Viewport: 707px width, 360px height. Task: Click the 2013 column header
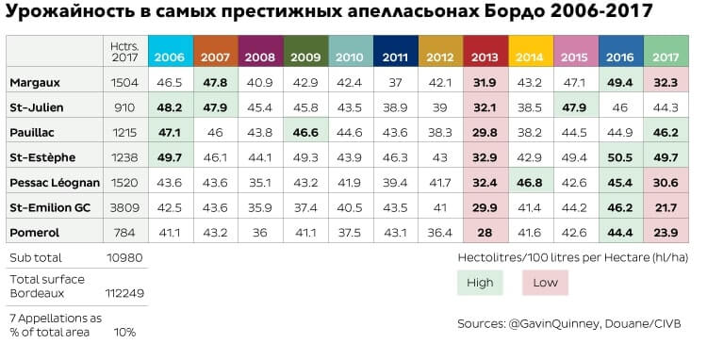point(485,51)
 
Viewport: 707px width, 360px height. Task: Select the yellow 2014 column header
point(530,51)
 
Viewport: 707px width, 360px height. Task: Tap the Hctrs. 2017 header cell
point(124,52)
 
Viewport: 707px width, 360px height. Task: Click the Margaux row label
point(35,83)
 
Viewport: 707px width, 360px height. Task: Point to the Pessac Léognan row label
point(55,183)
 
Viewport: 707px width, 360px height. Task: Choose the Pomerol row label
point(34,233)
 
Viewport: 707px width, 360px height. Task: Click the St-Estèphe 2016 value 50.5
point(620,157)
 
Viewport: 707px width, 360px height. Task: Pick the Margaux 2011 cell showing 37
point(395,83)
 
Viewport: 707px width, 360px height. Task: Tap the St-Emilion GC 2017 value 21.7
point(666,207)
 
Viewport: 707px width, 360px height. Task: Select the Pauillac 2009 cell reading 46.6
point(305,133)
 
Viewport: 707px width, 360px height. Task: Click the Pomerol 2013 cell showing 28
point(485,233)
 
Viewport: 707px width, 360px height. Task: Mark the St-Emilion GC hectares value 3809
point(124,207)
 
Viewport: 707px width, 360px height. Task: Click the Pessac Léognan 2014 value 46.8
point(530,183)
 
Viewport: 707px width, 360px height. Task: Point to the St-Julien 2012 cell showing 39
point(440,107)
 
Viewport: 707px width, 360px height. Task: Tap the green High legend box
point(480,283)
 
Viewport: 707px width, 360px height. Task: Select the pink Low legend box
point(545,283)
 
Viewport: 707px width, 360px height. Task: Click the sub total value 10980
point(124,257)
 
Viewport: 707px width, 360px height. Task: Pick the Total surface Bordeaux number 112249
point(124,293)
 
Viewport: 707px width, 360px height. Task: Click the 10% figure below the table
point(124,333)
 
